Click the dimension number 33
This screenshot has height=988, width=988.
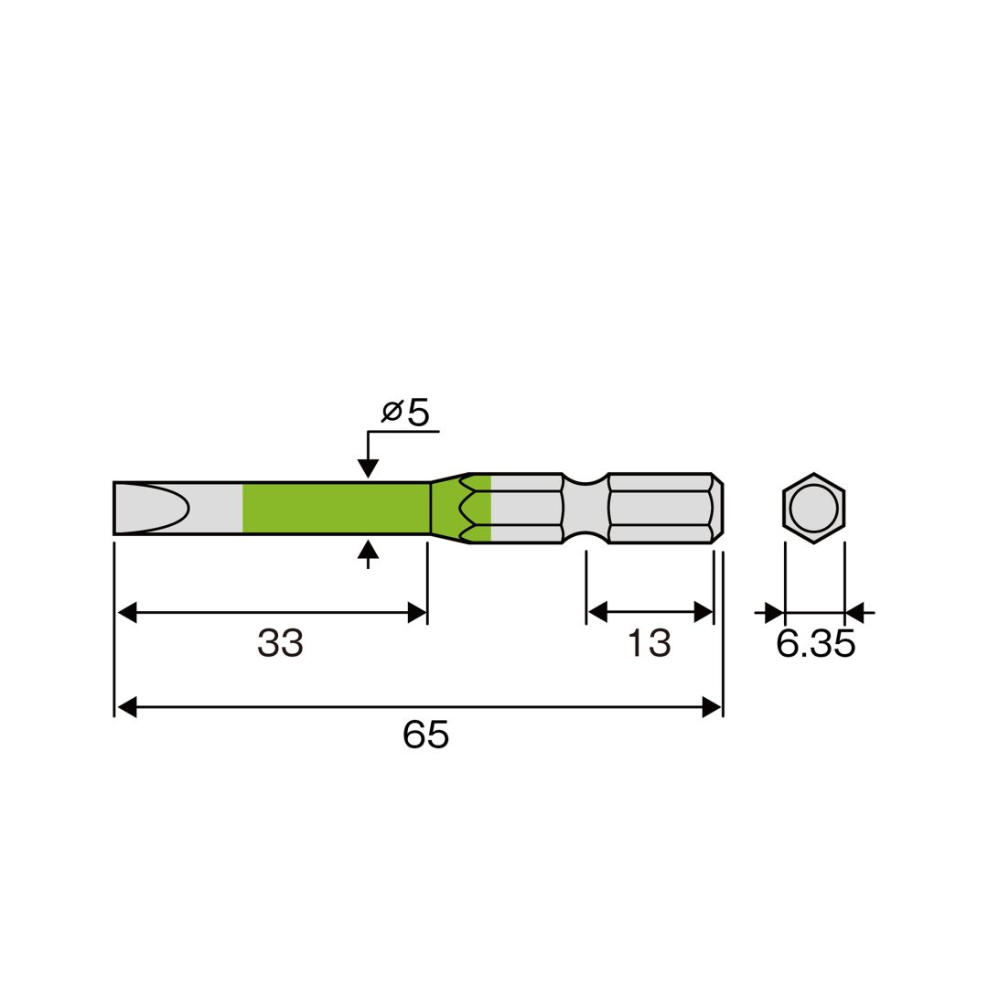point(281,643)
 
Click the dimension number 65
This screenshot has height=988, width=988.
point(426,735)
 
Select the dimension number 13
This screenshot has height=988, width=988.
point(649,643)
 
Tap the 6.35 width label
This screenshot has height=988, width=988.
point(815,644)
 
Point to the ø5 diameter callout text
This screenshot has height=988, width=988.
point(405,413)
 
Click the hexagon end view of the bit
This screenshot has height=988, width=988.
point(813,508)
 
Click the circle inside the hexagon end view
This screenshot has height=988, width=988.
point(813,508)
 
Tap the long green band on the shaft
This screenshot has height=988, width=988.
point(336,509)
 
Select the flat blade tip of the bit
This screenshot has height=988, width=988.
point(152,509)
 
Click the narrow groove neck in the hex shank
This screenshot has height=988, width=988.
point(585,509)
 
